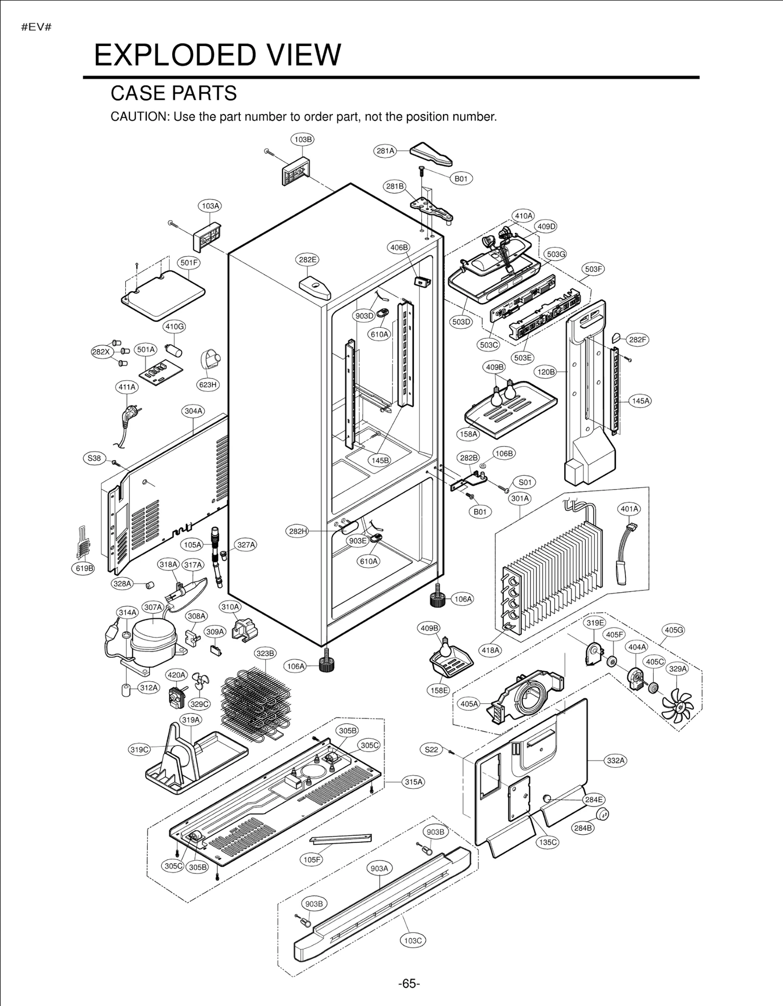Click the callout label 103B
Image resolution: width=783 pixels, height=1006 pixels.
point(302,139)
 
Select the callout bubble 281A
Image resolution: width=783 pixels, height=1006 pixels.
point(385,151)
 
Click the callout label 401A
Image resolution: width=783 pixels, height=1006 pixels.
point(629,509)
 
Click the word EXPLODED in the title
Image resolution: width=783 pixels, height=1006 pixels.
point(174,55)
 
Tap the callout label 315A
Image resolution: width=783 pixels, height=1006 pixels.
point(413,782)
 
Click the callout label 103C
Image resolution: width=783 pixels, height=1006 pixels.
point(413,940)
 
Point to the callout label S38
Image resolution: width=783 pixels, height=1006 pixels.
point(94,458)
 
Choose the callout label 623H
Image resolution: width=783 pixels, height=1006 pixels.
point(207,385)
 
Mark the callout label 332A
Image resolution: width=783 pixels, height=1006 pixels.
point(616,760)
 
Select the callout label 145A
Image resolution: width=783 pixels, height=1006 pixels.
point(641,401)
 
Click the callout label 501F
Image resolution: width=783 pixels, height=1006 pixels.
point(189,263)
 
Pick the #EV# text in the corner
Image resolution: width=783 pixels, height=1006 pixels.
point(36,27)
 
